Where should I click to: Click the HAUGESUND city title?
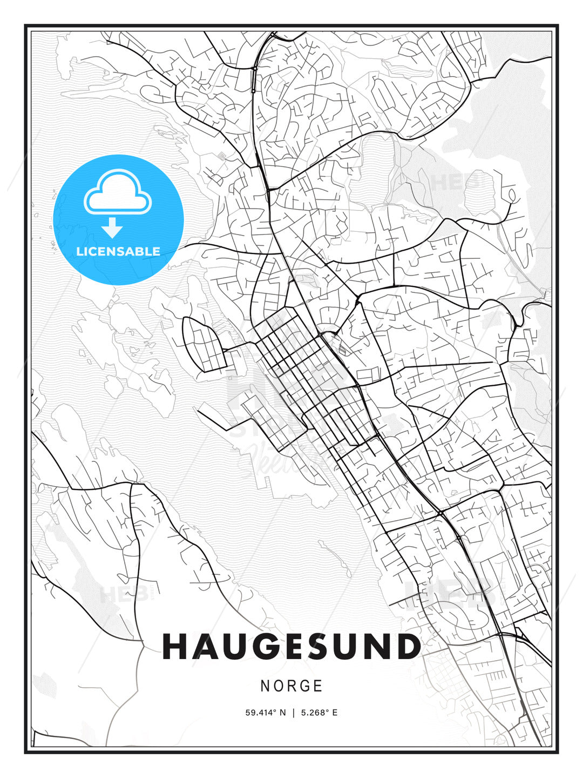[291, 647]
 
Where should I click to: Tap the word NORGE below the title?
[291, 686]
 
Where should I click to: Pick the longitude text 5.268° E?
[319, 713]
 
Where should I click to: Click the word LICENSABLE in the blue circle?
[118, 251]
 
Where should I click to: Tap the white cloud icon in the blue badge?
[118, 193]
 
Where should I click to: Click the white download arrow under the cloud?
[112, 227]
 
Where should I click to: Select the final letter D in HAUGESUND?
[408, 647]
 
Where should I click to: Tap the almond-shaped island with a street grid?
[202, 344]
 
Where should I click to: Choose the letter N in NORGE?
[265, 686]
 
